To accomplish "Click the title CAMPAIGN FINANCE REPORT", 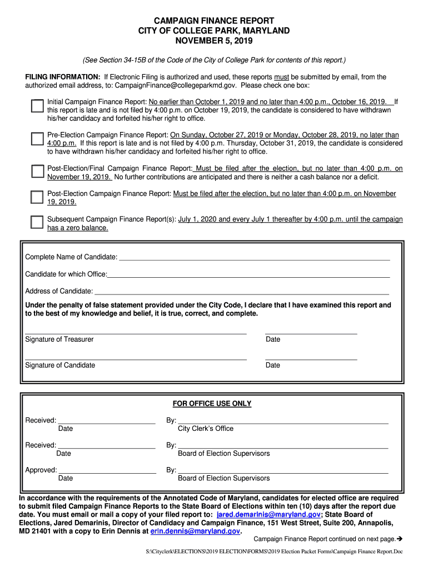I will pos(214,21).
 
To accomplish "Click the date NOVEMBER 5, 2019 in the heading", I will pos(214,41).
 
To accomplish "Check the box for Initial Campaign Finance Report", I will pos(37,106).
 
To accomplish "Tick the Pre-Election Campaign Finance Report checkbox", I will pos(37,139).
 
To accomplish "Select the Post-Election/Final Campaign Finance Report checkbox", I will pos(37,170).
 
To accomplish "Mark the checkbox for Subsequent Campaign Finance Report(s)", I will pos(37,222).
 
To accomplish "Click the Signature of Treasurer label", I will pos(59,340).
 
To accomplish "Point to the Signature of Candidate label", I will pos(60,365).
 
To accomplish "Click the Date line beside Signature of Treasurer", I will pos(311,333).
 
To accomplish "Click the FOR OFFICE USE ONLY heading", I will pos(212,404).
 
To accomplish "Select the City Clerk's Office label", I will pos(206,429).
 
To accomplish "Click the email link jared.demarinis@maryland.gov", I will pos(268,515).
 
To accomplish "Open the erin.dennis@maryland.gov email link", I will pos(195,532).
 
